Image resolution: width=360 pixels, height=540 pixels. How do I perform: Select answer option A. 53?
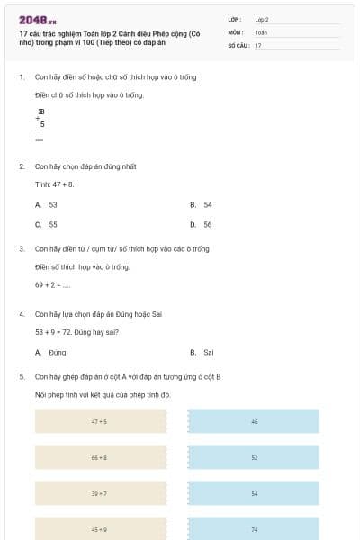47,205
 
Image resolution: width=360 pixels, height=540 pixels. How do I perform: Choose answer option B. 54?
202,205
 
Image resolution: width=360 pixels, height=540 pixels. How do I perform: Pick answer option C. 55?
47,225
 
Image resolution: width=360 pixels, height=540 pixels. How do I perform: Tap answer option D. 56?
202,225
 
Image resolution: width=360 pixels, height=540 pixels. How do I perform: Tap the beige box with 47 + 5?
100,421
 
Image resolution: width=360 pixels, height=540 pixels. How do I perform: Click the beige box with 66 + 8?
100,457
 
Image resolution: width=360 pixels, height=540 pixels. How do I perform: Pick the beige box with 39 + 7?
100,493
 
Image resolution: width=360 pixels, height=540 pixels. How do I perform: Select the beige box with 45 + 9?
100,529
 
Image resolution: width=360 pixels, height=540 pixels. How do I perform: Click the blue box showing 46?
254,421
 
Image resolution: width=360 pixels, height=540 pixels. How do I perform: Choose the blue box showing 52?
254,457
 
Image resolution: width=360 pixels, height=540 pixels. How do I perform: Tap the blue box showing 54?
254,493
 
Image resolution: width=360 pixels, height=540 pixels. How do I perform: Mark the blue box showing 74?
254,529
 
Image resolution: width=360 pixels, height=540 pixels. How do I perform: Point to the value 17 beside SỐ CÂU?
259,44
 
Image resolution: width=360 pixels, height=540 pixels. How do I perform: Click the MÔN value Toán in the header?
261,31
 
